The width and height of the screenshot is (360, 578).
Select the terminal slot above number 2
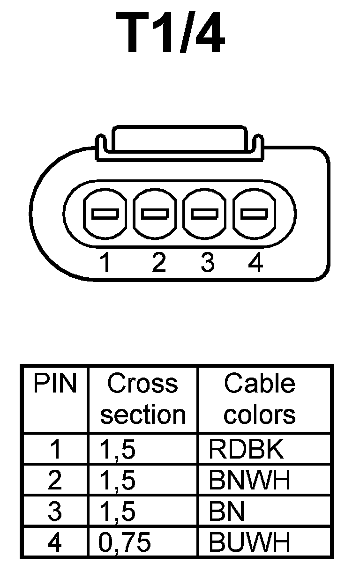(155, 214)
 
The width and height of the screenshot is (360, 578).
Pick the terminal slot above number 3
(205, 214)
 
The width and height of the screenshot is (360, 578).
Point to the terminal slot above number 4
(255, 214)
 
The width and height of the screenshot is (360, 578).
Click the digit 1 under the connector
(106, 263)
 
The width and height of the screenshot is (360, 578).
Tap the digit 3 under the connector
(207, 263)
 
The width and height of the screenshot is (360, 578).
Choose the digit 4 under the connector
(255, 263)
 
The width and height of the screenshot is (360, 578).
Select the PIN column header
(55, 384)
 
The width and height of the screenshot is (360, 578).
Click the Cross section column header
(143, 399)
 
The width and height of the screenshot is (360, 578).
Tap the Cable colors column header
(259, 399)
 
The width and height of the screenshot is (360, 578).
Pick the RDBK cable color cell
(247, 450)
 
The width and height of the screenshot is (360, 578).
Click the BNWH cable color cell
(249, 481)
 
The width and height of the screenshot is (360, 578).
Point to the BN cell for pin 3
(227, 512)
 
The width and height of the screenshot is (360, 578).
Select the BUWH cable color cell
(249, 543)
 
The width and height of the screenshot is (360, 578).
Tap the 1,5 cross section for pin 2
(117, 481)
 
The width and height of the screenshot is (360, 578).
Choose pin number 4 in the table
(55, 543)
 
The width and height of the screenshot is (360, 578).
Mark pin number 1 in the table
(55, 450)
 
